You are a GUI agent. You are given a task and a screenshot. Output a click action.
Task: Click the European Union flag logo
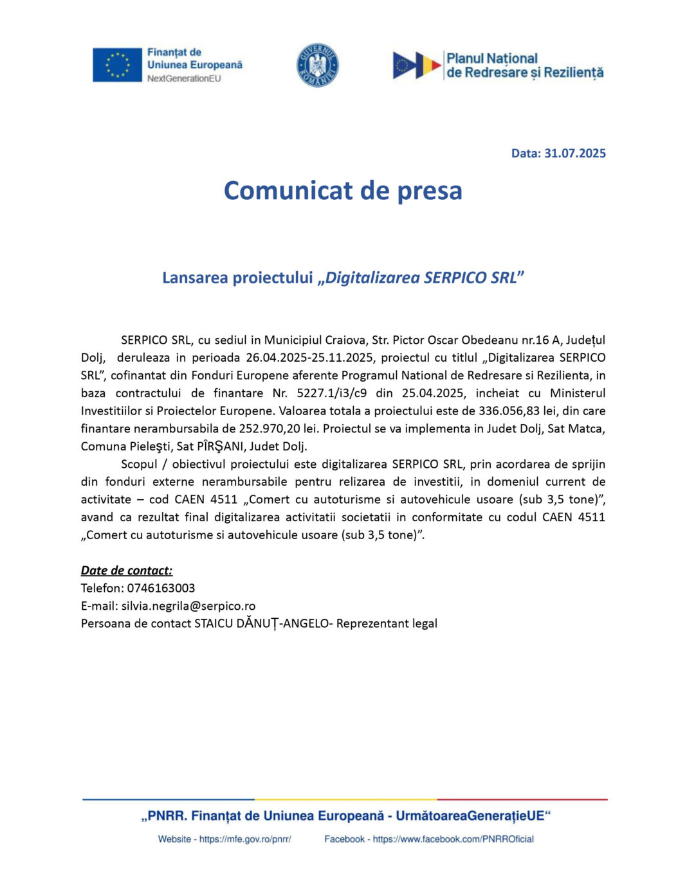pyautogui.click(x=117, y=65)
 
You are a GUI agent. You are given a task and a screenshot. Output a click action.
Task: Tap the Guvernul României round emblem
pyautogui.click(x=317, y=65)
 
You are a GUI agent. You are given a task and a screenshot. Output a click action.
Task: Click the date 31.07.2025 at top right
pyautogui.click(x=575, y=153)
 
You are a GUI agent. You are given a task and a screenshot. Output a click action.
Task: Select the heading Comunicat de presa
pyautogui.click(x=343, y=191)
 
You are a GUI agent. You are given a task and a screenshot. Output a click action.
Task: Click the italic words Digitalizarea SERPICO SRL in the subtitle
pyautogui.click(x=421, y=278)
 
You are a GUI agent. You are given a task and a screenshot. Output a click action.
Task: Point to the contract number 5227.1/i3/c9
pyautogui.click(x=332, y=393)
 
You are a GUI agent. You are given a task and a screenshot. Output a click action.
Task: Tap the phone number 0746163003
pyautogui.click(x=161, y=588)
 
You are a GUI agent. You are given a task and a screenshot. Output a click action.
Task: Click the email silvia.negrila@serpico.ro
pyautogui.click(x=188, y=605)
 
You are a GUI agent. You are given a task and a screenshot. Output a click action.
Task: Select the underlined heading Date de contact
pyautogui.click(x=127, y=570)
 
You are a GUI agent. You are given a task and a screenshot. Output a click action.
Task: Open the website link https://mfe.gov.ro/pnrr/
pyautogui.click(x=245, y=839)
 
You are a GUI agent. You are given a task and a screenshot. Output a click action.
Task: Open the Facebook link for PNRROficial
pyautogui.click(x=453, y=839)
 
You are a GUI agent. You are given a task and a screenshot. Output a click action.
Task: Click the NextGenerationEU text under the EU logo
pyautogui.click(x=184, y=78)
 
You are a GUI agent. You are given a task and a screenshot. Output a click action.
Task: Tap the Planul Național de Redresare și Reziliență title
pyautogui.click(x=525, y=66)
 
